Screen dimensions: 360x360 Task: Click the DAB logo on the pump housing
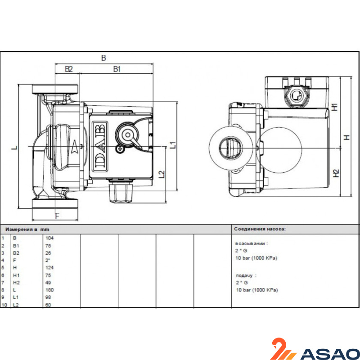pos(100,146)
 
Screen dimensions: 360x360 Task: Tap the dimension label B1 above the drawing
pos(117,69)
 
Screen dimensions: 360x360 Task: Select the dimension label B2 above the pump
pos(69,69)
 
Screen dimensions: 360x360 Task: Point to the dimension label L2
pos(162,174)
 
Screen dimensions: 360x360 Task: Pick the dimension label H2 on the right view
pos(336,173)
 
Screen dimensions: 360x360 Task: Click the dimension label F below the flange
pos(58,216)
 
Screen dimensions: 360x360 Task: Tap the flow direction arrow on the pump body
pos(75,147)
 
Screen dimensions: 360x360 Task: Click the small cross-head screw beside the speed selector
pos(120,149)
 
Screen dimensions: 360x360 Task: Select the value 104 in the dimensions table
pos(49,238)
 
